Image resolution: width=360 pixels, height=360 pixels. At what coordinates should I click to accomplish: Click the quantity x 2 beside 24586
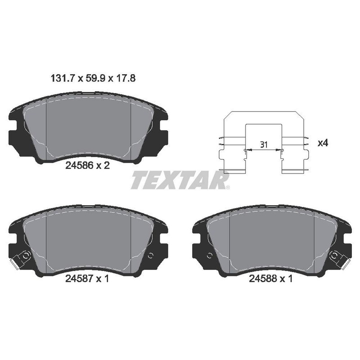[x=103, y=165]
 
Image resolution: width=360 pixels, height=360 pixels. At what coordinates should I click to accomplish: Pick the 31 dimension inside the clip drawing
[x=264, y=144]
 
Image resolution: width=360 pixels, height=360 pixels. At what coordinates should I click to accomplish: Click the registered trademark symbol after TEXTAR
[x=229, y=187]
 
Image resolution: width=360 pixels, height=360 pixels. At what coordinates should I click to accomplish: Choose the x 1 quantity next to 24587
[x=103, y=279]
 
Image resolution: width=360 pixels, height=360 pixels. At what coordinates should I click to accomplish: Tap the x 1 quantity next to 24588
[x=287, y=279]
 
